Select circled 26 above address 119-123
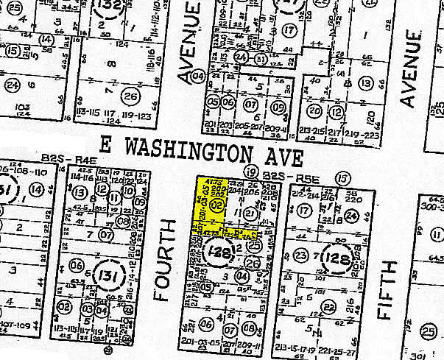pyautogui.click(x=131, y=96)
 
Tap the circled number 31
pyautogui.click(x=261, y=58)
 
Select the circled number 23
pyautogui.click(x=300, y=256)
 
